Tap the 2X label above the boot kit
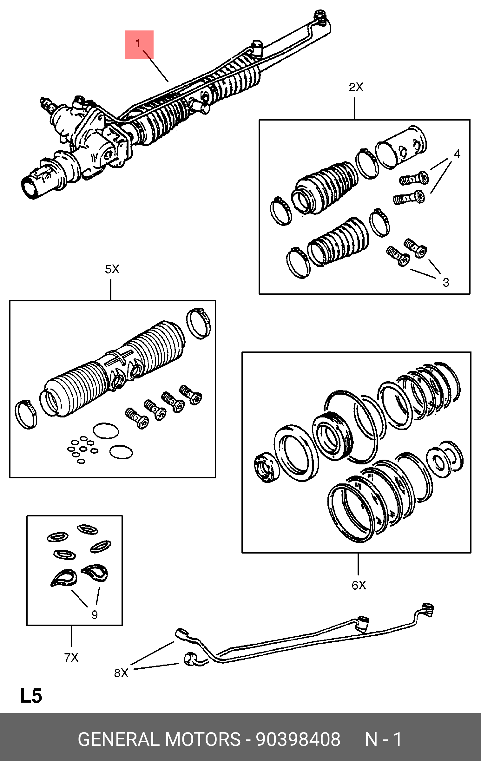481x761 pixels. coord(356,87)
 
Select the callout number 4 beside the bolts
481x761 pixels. coord(457,154)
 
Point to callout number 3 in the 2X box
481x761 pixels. coord(446,282)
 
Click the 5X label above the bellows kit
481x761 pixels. coord(112,269)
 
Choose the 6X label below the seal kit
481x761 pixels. coord(359,585)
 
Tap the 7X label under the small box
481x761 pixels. coord(71,658)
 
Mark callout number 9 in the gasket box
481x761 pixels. coord(95,615)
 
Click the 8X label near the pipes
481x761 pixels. coord(121,673)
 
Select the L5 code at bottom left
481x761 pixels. coord(31,696)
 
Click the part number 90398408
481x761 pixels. coord(298,739)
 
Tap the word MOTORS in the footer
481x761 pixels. coord(203,739)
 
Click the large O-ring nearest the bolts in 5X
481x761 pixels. coord(106,431)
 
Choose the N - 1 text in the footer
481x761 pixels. coord(383,739)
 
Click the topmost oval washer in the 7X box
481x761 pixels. coord(88,529)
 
